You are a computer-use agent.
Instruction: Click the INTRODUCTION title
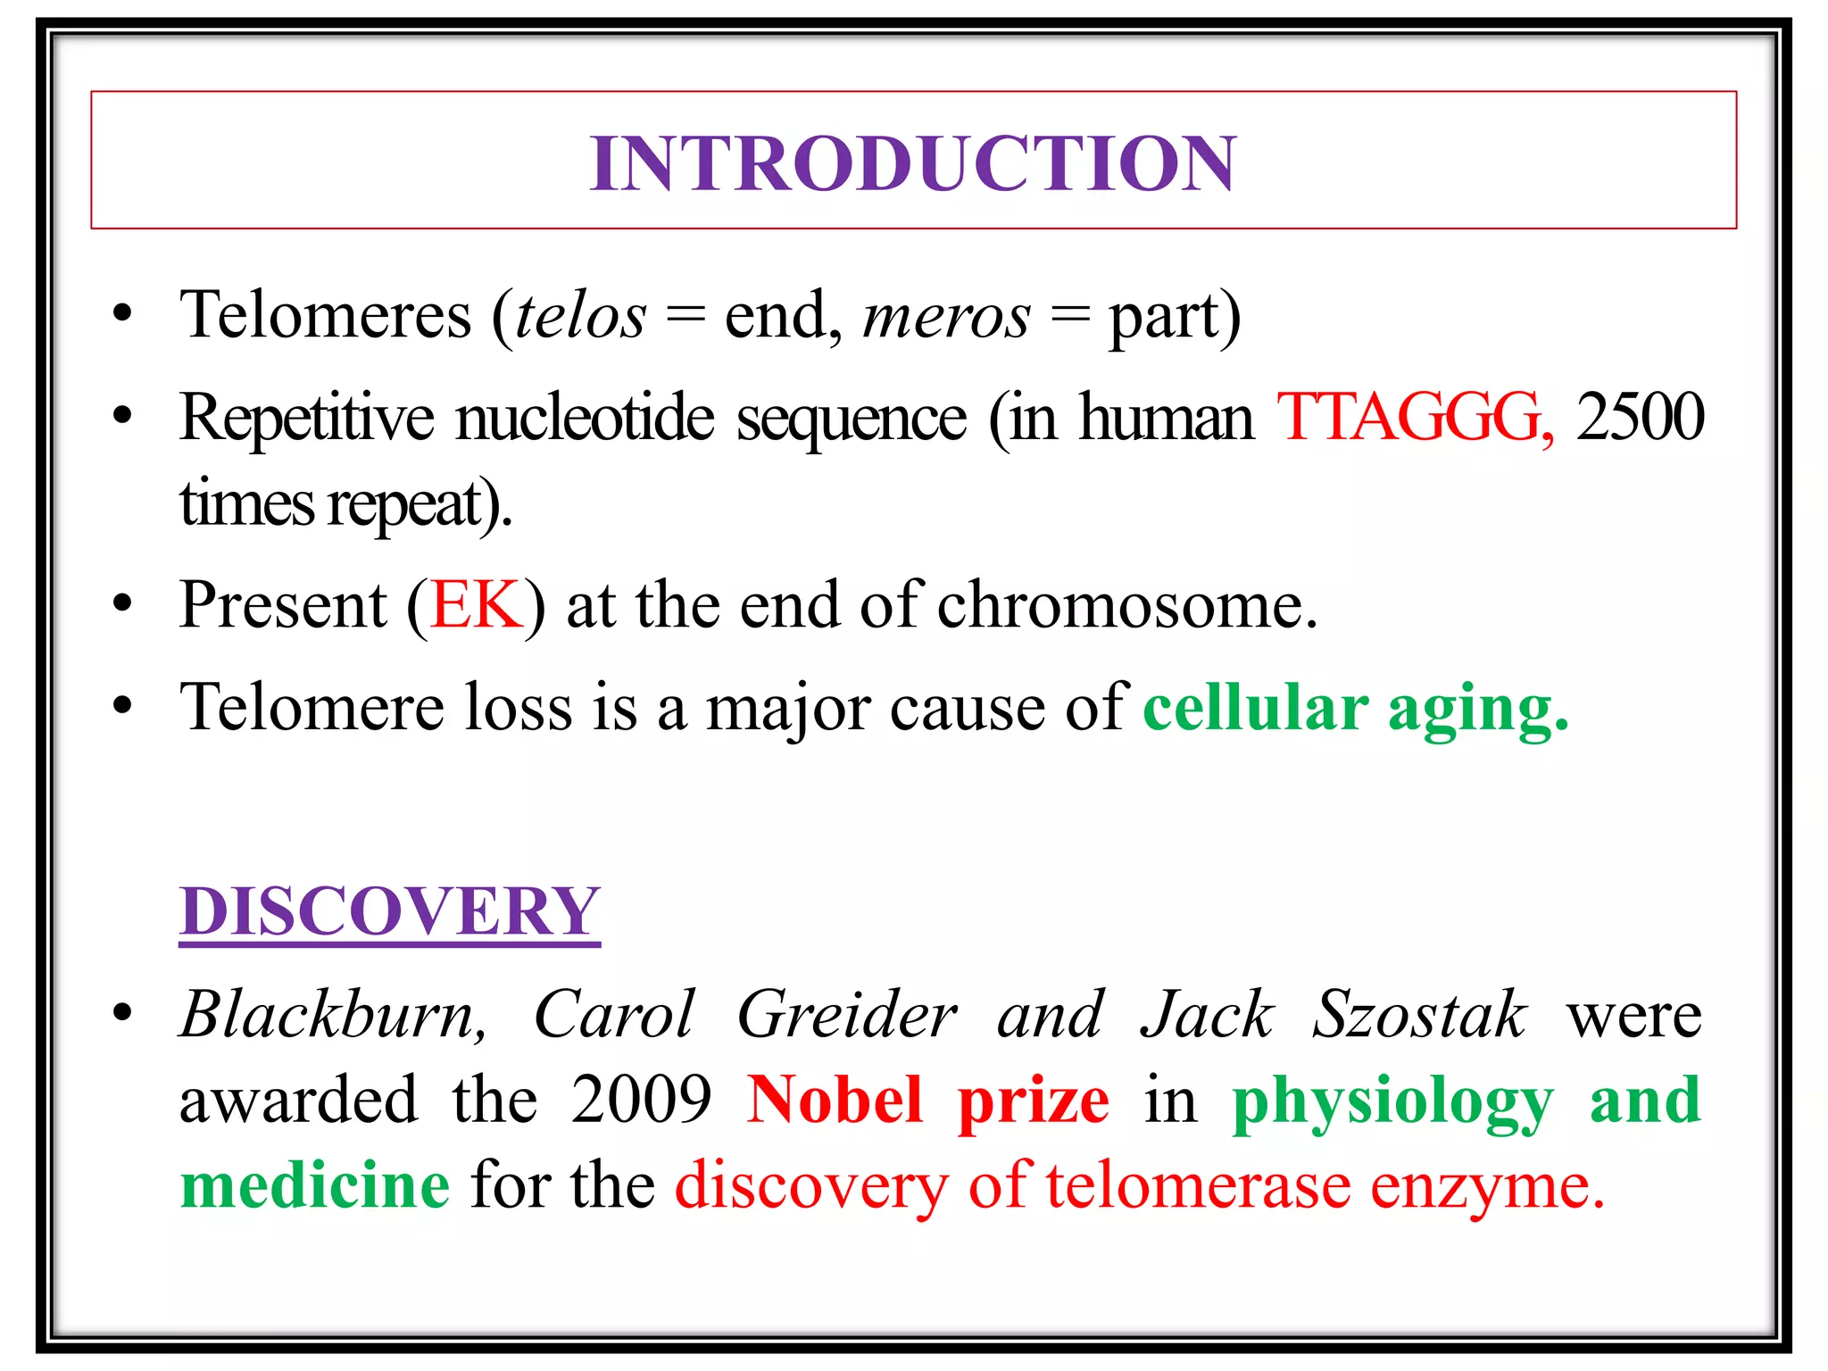[x=913, y=163]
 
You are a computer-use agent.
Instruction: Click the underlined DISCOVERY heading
[x=389, y=911]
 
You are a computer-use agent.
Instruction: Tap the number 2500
[x=1641, y=417]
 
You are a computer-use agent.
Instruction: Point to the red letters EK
[x=476, y=605]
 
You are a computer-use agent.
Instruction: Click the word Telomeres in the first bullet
[x=325, y=316]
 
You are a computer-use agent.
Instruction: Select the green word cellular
[x=1255, y=708]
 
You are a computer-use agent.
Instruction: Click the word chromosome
[x=1126, y=605]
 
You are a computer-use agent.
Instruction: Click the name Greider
[x=847, y=1015]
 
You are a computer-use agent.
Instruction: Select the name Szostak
[x=1419, y=1015]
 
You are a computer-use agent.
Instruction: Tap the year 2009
[x=642, y=1100]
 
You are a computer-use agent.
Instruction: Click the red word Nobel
[x=835, y=1100]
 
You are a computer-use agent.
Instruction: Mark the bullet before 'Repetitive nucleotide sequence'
[x=123, y=416]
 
